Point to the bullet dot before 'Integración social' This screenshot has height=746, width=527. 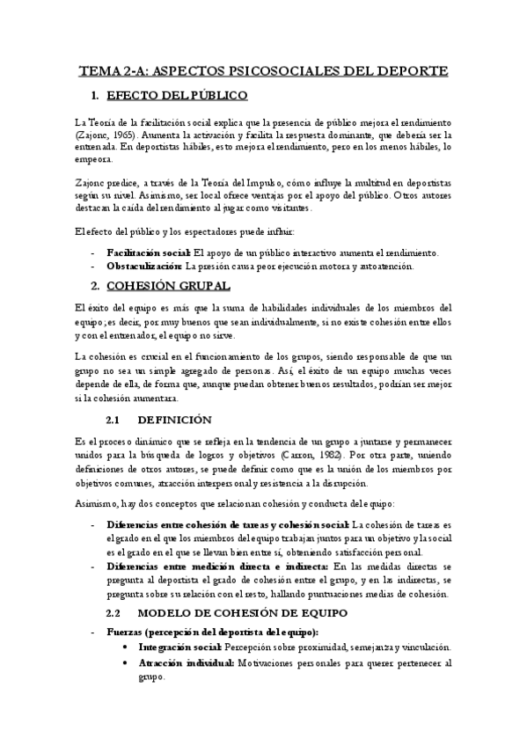coord(128,647)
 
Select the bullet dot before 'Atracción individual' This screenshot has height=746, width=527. coord(128,663)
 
